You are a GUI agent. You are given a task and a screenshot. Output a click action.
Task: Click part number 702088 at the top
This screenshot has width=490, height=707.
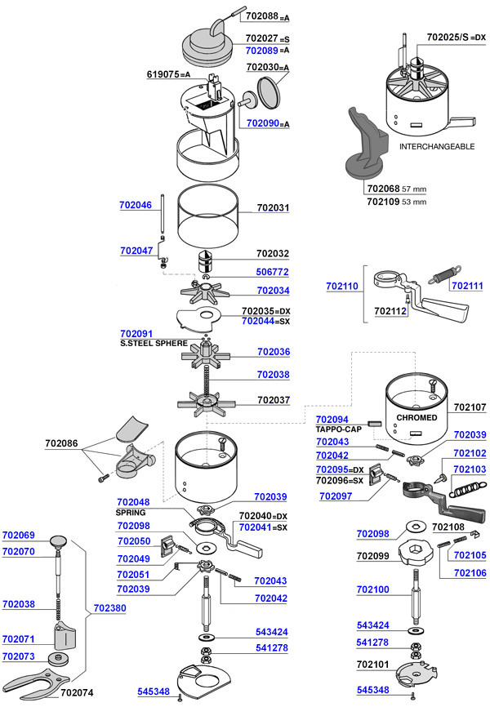pyautogui.click(x=261, y=16)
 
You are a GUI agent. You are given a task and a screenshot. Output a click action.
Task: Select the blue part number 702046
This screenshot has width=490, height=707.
pyautogui.click(x=136, y=205)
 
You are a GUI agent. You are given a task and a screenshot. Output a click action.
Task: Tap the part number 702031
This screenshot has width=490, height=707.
pyautogui.click(x=273, y=208)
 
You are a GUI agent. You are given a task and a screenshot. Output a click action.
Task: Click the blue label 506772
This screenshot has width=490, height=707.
pyautogui.click(x=273, y=272)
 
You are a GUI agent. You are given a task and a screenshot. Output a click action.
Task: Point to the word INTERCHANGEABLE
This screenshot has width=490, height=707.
pyautogui.click(x=437, y=146)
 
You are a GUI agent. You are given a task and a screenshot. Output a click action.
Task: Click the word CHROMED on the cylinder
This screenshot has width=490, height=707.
pyautogui.click(x=416, y=417)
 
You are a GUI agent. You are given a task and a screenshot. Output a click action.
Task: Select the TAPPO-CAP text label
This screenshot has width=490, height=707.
pyautogui.click(x=338, y=429)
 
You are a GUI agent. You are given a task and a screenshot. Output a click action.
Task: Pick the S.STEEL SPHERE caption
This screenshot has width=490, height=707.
pyautogui.click(x=154, y=343)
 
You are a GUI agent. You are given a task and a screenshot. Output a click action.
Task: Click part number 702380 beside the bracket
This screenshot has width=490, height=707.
pyautogui.click(x=109, y=608)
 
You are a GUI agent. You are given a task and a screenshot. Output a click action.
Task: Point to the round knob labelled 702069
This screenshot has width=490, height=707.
pyautogui.click(x=58, y=540)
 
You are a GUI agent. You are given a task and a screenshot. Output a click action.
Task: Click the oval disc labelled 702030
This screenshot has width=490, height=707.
pyautogui.click(x=269, y=91)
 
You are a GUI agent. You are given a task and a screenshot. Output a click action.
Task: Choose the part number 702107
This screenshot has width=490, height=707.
pyautogui.click(x=470, y=407)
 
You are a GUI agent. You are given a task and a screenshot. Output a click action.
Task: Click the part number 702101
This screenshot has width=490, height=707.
pyautogui.click(x=372, y=665)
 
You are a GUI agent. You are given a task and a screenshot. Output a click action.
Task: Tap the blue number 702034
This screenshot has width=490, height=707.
pyautogui.click(x=273, y=291)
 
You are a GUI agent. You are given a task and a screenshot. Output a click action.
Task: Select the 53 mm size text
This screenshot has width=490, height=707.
pyautogui.click(x=414, y=202)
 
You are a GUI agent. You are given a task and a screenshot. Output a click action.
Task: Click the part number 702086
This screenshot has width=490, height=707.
pyautogui.click(x=61, y=443)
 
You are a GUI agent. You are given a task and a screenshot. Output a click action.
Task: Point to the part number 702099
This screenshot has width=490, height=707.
pyautogui.click(x=372, y=556)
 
